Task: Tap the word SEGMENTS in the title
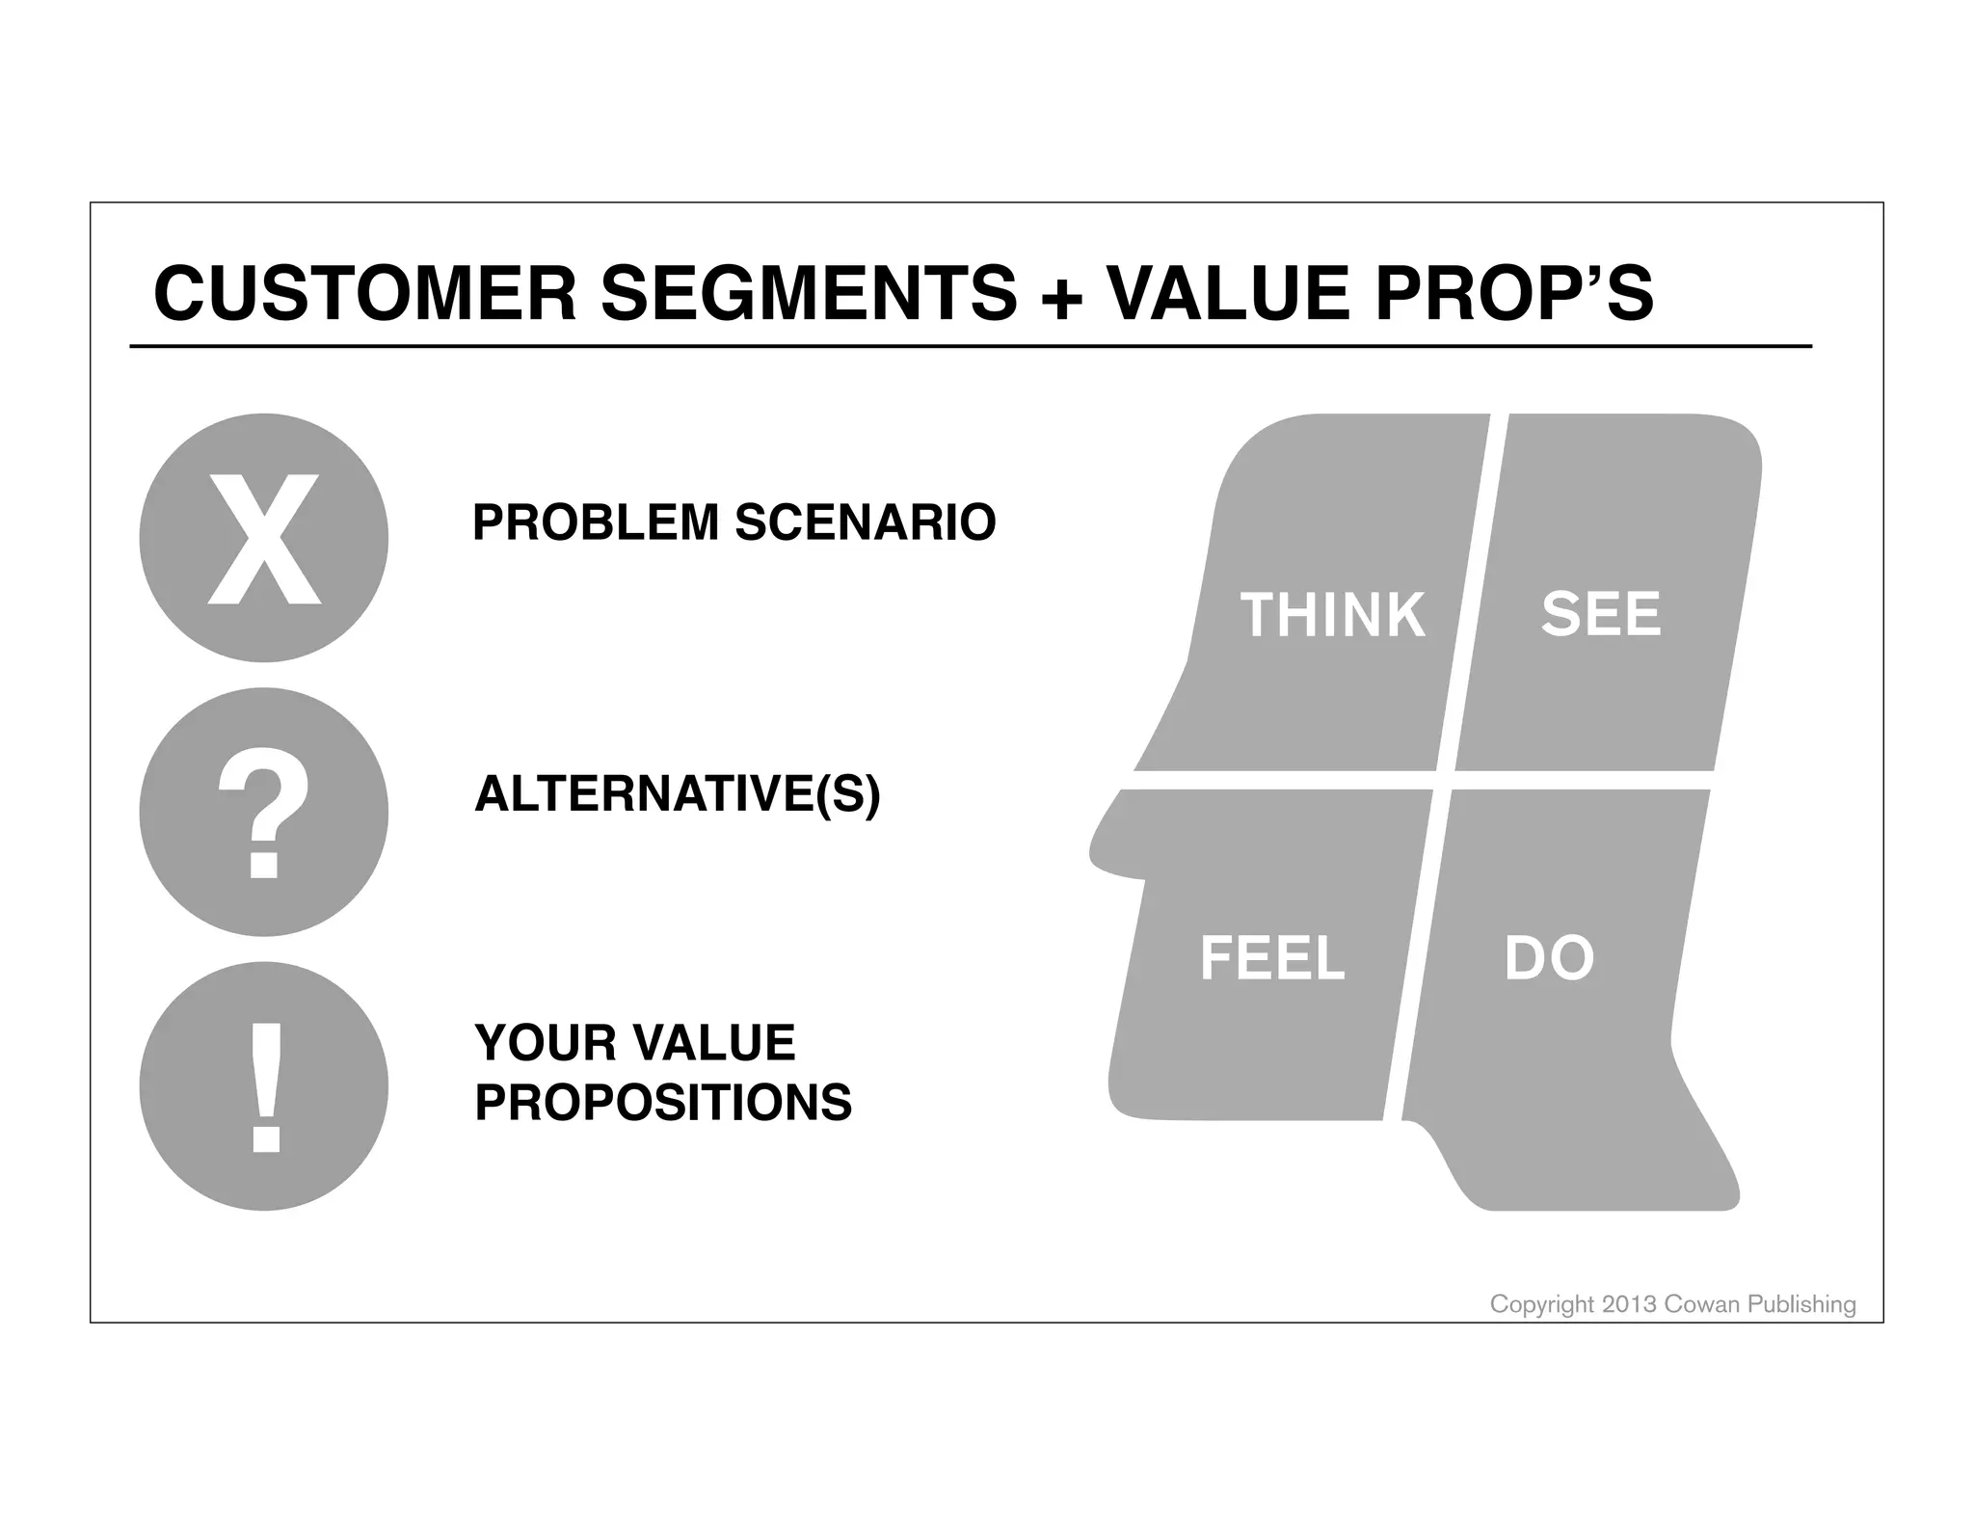point(808,294)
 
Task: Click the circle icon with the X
point(263,538)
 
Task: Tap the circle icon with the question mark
point(263,812)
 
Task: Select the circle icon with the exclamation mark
point(263,1085)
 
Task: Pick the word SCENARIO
point(865,523)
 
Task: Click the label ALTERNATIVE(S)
point(677,795)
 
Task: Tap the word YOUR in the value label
point(531,1043)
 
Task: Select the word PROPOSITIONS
point(663,1102)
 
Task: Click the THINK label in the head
point(1332,616)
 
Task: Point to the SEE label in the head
point(1601,614)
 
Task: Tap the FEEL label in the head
point(1271,958)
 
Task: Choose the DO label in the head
point(1549,958)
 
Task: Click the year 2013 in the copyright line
point(1629,1304)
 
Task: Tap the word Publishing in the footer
point(1801,1304)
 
